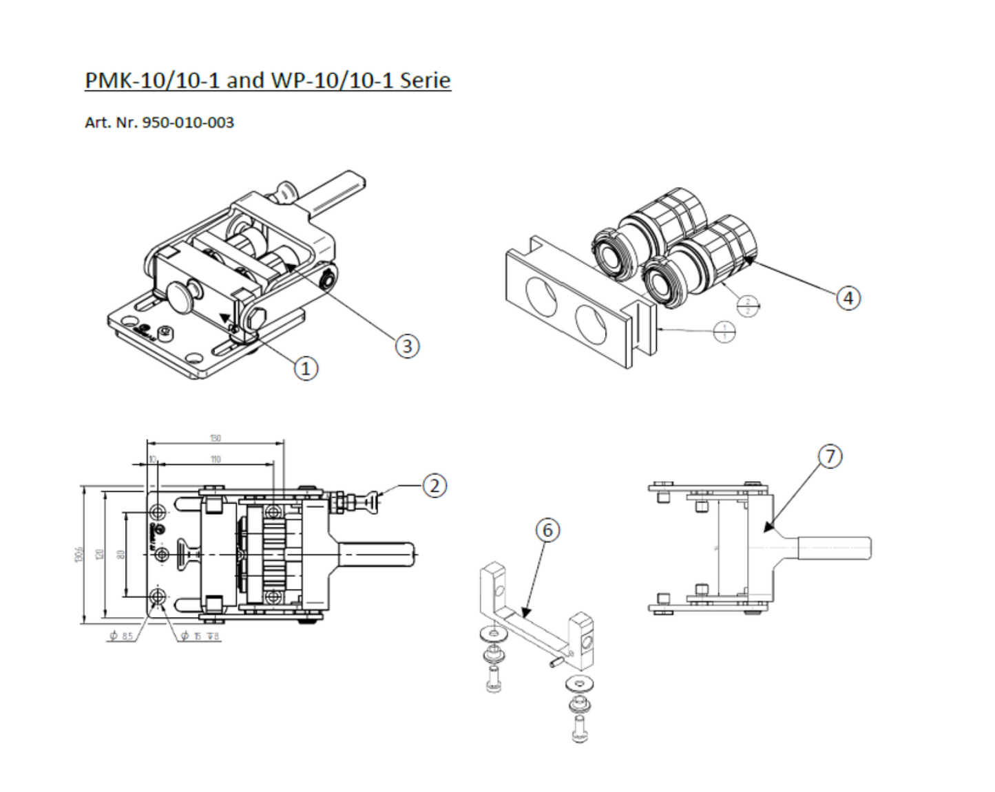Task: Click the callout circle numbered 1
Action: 306,369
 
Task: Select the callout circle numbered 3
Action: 407,345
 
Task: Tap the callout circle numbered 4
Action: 848,298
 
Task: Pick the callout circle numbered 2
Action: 434,486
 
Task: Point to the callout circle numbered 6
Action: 547,530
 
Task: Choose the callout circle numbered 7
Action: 830,456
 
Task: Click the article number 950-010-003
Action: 187,122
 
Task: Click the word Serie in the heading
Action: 425,81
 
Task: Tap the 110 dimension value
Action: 216,459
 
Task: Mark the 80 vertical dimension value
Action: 121,554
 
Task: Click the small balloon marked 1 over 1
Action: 724,332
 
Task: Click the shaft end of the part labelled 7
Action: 863,548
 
